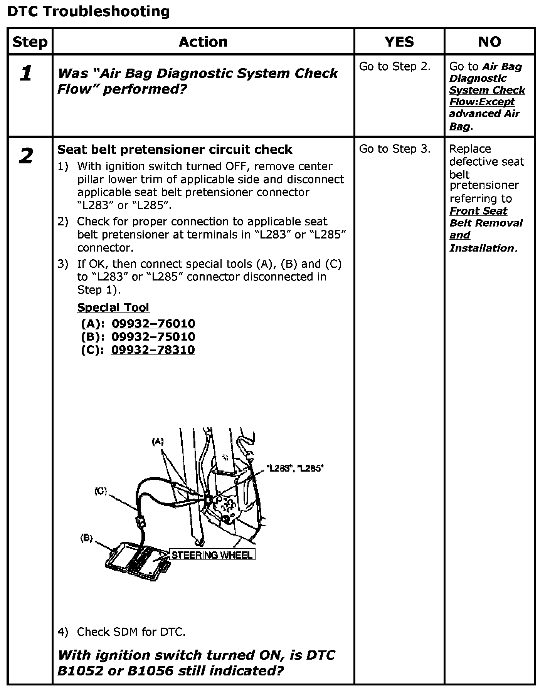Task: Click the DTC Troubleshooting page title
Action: click(88, 12)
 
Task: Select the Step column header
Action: click(30, 42)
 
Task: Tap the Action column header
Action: click(203, 42)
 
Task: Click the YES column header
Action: click(399, 42)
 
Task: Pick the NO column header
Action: click(489, 42)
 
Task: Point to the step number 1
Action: click(26, 73)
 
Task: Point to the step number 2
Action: click(26, 156)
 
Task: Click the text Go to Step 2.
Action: click(395, 67)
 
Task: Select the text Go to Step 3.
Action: click(395, 149)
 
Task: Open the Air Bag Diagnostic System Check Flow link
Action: click(487, 96)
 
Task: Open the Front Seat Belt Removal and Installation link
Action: click(486, 229)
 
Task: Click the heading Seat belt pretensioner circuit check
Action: click(175, 149)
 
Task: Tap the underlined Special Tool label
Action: click(113, 307)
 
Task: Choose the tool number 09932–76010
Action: click(153, 324)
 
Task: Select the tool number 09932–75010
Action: click(153, 337)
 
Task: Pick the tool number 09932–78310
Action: click(153, 350)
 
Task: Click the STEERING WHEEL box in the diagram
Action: click(212, 555)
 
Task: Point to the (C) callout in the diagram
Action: click(101, 491)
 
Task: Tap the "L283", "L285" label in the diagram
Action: click(295, 469)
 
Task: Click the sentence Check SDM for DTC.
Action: click(131, 632)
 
